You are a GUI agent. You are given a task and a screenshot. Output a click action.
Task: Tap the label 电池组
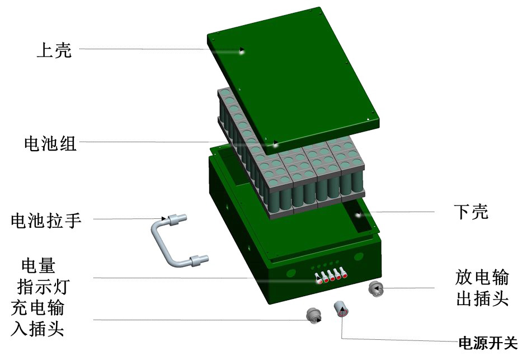coord(50,143)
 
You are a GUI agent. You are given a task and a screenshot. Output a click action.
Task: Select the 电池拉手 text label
coord(46,220)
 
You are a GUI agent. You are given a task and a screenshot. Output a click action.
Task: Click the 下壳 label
coord(471,212)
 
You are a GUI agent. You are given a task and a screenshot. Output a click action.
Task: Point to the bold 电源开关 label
coord(488,343)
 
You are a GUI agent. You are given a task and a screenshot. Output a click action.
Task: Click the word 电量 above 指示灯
coord(38,265)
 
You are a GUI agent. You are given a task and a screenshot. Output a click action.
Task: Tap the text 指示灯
coord(43,287)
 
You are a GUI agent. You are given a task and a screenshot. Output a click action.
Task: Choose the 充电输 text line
coord(37,308)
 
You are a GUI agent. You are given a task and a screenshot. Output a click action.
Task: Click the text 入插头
coord(37,328)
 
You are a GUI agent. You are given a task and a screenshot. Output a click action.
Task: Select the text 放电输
coord(482,277)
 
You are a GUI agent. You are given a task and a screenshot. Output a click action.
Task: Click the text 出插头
coord(482,298)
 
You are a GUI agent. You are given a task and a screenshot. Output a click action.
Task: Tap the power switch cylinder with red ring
coord(341,308)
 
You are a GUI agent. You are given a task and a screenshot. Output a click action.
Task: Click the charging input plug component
coord(314,315)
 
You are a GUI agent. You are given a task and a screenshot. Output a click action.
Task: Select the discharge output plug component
coord(376,289)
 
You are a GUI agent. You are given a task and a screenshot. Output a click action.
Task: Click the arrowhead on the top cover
coord(242,50)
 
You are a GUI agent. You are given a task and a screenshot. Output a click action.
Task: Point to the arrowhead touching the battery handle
coord(164,219)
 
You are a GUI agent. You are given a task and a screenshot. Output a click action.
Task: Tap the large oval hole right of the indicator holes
coord(359,257)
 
